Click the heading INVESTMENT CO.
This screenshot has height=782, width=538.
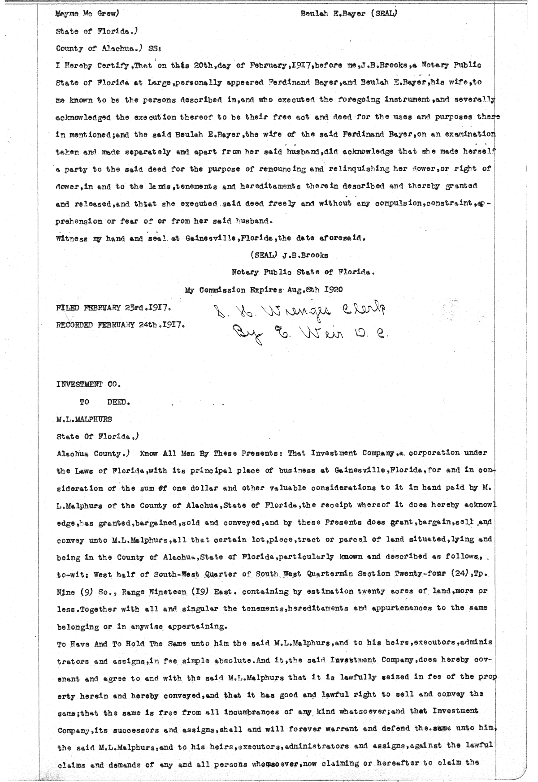pyautogui.click(x=88, y=384)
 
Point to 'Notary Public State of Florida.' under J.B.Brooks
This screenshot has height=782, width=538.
pyautogui.click(x=303, y=272)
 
